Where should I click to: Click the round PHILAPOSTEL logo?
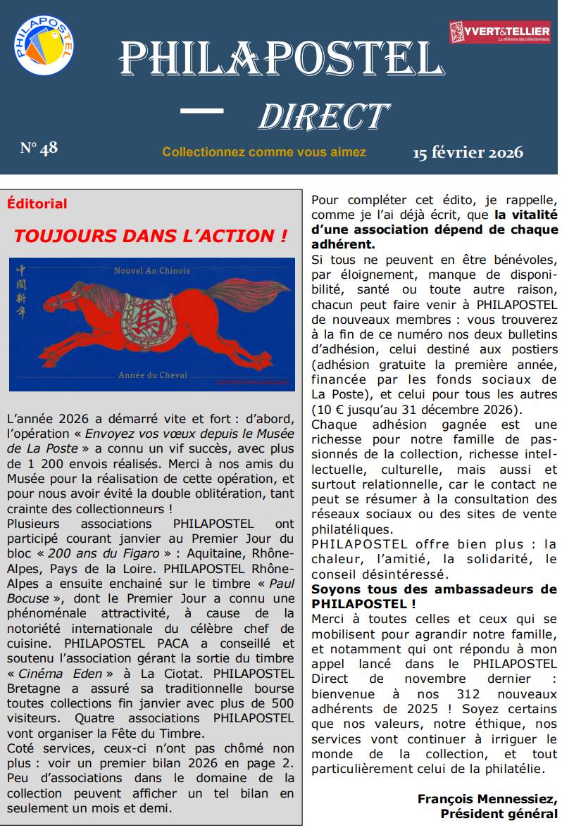[44, 44]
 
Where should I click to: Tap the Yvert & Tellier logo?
[499, 32]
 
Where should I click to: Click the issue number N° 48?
[39, 148]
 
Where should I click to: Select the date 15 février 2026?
[468, 152]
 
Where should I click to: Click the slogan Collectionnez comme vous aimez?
[264, 152]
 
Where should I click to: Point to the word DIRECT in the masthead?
[323, 117]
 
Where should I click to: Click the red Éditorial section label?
[37, 204]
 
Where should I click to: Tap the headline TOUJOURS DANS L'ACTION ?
[151, 236]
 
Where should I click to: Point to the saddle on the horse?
[148, 316]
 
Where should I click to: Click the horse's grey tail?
[246, 291]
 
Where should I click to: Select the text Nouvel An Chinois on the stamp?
[151, 270]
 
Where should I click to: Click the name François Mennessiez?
[487, 799]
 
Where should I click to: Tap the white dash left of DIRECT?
[202, 111]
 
